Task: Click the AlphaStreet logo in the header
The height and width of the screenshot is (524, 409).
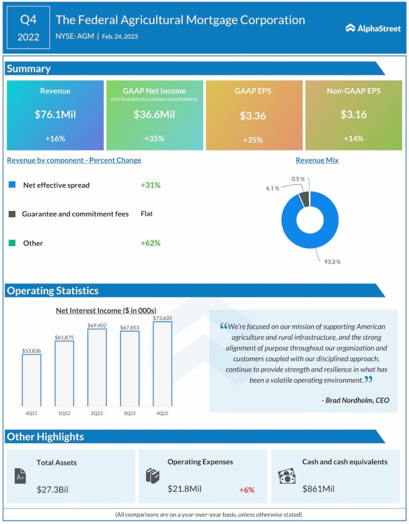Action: click(373, 29)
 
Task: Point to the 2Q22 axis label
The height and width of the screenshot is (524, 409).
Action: click(96, 413)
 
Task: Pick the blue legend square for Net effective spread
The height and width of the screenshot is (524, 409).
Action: click(12, 185)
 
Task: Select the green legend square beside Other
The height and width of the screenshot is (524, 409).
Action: click(12, 243)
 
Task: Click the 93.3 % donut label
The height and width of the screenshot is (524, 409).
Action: click(332, 261)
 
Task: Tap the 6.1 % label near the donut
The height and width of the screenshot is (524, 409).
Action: click(273, 188)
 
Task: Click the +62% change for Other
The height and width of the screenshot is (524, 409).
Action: click(151, 243)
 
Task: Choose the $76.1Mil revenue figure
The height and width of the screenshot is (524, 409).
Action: click(55, 115)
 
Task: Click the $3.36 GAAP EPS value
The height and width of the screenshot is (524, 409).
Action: click(253, 116)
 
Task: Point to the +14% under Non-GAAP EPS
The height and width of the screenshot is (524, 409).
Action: click(353, 139)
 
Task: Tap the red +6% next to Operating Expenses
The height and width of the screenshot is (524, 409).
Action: click(247, 490)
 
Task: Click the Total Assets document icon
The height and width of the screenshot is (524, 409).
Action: click(21, 477)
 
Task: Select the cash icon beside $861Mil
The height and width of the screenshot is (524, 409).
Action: click(287, 476)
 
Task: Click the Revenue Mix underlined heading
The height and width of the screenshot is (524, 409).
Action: click(317, 160)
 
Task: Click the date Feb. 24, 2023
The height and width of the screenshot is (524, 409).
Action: click(119, 37)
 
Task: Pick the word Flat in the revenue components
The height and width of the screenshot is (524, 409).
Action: click(147, 214)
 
